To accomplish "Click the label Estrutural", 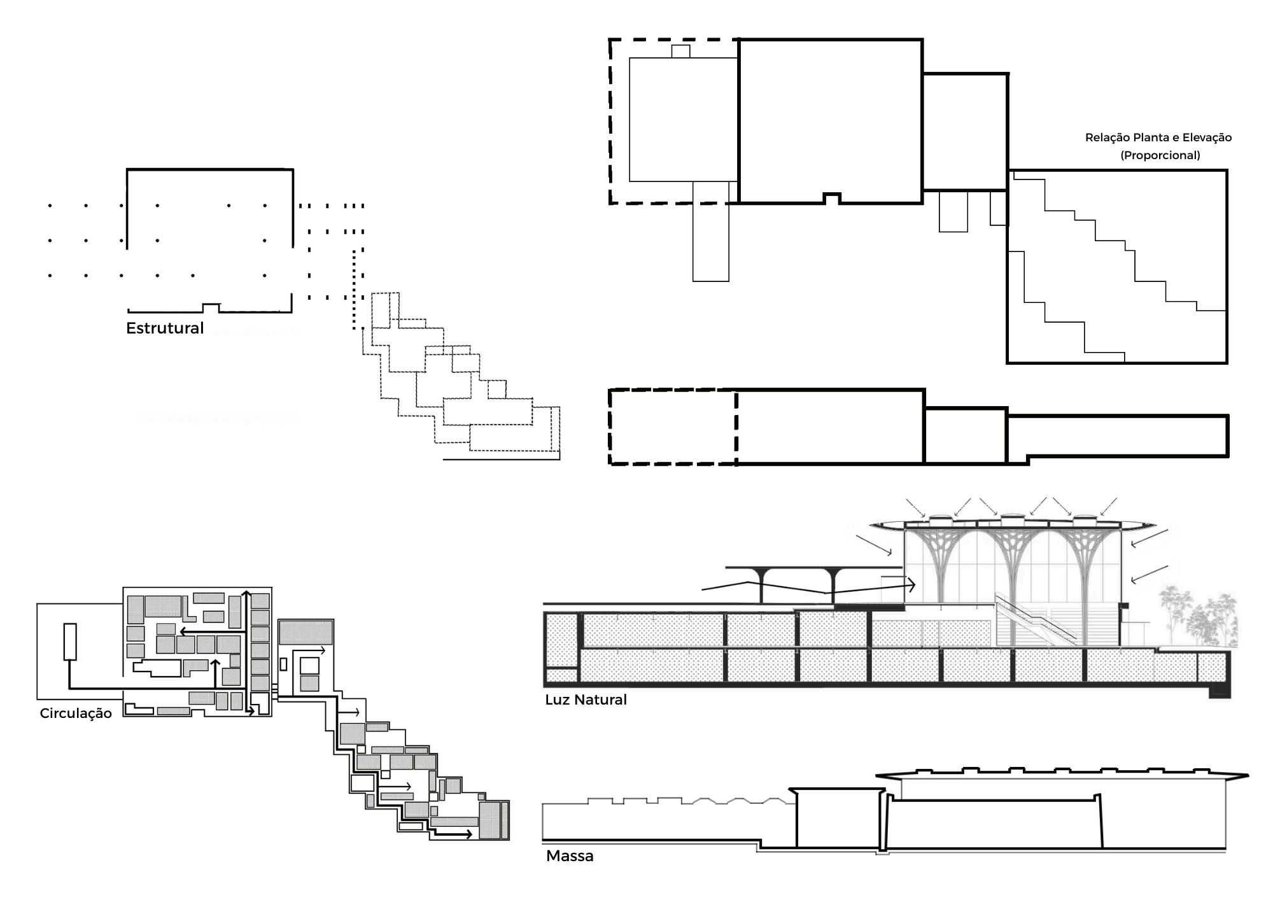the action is click(164, 328).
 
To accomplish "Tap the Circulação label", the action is click(76, 714).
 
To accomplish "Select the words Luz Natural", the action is click(586, 700).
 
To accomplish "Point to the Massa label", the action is click(570, 856).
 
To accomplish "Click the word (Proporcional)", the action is click(1160, 155).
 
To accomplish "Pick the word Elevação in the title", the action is click(1207, 137).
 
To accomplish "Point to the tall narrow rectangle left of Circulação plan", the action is click(70, 642).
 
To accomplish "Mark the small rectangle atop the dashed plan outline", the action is click(680, 52).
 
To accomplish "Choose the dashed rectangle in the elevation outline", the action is click(673, 426).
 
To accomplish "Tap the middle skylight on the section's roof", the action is click(1011, 519).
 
